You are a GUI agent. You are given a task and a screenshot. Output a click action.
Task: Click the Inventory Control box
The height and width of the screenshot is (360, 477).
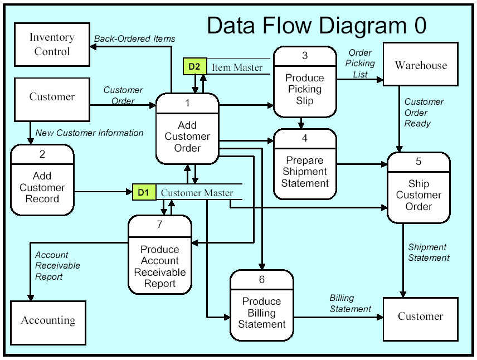click(x=52, y=45)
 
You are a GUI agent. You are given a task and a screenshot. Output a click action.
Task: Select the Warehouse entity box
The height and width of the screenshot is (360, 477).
click(x=421, y=64)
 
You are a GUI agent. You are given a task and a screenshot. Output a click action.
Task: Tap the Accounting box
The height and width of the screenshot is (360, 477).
click(x=48, y=323)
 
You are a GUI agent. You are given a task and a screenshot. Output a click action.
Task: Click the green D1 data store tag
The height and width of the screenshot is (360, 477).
click(x=144, y=192)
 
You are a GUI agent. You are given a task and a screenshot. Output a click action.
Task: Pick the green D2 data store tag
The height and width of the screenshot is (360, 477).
click(x=194, y=66)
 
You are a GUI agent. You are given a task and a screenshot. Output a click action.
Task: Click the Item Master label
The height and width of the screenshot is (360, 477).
click(x=237, y=67)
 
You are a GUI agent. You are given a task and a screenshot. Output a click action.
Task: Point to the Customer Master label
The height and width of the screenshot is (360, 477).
click(x=197, y=193)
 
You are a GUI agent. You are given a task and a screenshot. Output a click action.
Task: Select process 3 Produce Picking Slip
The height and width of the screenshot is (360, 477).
click(x=305, y=81)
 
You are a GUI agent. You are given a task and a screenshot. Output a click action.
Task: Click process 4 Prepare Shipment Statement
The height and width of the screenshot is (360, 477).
click(x=305, y=164)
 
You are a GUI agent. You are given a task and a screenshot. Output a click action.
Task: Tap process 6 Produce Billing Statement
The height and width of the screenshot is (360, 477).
click(x=261, y=305)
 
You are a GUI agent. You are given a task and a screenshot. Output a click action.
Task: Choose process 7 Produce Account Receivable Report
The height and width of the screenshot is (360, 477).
click(x=160, y=255)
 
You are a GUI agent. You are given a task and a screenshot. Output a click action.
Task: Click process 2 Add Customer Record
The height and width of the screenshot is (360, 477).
click(x=42, y=180)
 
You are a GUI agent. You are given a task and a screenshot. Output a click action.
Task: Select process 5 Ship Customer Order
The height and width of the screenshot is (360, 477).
click(x=418, y=187)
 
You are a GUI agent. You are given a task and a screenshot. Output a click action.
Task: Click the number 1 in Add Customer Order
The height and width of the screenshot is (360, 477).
click(x=187, y=103)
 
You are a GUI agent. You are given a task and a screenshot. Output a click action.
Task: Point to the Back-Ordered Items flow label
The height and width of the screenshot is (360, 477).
click(x=134, y=39)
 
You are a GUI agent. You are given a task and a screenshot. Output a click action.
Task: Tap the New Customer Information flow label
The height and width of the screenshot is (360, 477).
click(x=89, y=133)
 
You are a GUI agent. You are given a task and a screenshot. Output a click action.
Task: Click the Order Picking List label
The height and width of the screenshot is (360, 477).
click(x=360, y=64)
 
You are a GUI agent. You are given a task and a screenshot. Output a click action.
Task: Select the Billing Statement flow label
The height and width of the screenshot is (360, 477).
click(x=351, y=303)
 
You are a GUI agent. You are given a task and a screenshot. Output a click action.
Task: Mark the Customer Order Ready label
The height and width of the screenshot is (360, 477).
click(x=424, y=113)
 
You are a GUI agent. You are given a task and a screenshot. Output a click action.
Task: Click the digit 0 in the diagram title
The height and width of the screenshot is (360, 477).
click(x=420, y=26)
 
